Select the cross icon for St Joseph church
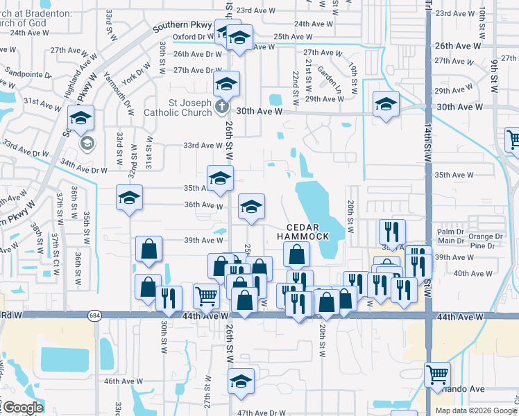[221, 106]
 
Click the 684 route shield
[94, 316]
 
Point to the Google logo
[23, 408]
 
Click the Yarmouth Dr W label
[117, 93]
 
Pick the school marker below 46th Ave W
[241, 381]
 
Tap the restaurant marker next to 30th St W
[169, 297]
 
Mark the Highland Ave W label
[67, 71]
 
